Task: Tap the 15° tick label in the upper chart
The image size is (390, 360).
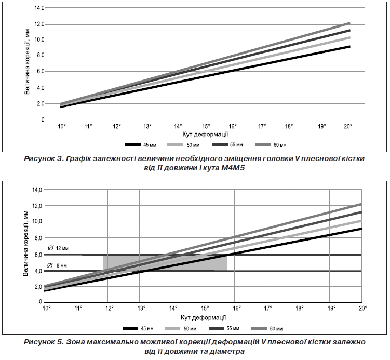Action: [x=206, y=126]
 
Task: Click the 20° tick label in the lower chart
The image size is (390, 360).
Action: [x=362, y=309]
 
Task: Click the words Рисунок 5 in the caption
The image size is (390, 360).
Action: [x=44, y=342]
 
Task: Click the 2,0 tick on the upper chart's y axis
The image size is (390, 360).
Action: [x=39, y=104]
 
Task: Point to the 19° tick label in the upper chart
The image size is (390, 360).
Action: [x=322, y=126]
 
